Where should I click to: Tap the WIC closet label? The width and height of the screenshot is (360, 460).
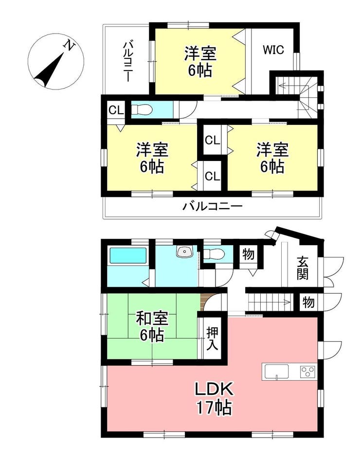tap(273, 50)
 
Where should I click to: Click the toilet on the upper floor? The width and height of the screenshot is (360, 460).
tap(142, 110)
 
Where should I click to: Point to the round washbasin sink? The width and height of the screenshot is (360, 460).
tap(184, 251)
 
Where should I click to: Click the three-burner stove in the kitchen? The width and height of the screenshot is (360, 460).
tap(307, 372)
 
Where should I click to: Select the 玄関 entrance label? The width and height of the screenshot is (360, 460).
tap(302, 268)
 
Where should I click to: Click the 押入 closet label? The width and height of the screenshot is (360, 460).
tap(213, 338)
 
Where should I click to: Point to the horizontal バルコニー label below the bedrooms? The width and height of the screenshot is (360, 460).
tap(213, 207)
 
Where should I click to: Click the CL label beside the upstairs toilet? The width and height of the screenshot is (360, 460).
tap(116, 110)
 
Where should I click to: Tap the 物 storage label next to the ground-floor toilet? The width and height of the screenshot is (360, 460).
tap(248, 254)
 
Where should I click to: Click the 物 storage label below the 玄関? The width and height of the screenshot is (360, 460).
tap(308, 302)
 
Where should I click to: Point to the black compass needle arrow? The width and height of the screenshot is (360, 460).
tap(49, 71)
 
